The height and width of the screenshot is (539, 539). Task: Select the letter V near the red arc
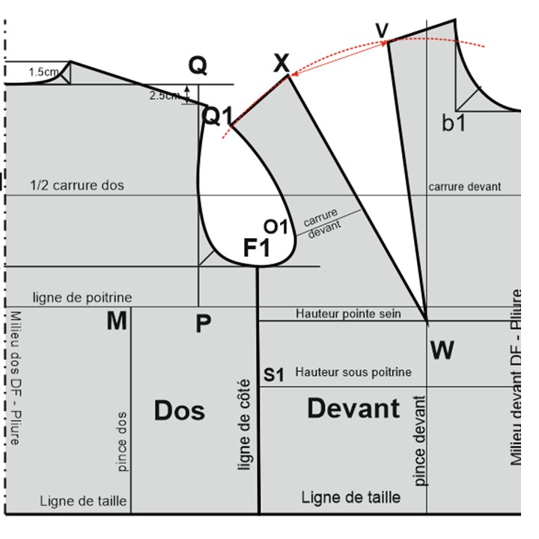coord(383,30)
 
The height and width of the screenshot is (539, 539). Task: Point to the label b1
coord(454,123)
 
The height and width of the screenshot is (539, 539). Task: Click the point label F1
coord(257,248)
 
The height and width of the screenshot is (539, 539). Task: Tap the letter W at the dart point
coord(442,350)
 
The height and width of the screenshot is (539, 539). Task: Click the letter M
coord(116,322)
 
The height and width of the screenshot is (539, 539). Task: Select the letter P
coord(203,324)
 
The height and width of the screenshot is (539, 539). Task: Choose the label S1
coord(274,374)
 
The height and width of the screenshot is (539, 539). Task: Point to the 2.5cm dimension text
coord(164,96)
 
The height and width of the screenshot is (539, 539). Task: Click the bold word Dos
coord(180,410)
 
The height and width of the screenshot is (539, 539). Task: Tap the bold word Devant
coord(353,409)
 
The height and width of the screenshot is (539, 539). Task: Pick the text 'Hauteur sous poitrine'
coord(353,371)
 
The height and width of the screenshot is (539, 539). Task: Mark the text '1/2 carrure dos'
coord(77,185)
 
